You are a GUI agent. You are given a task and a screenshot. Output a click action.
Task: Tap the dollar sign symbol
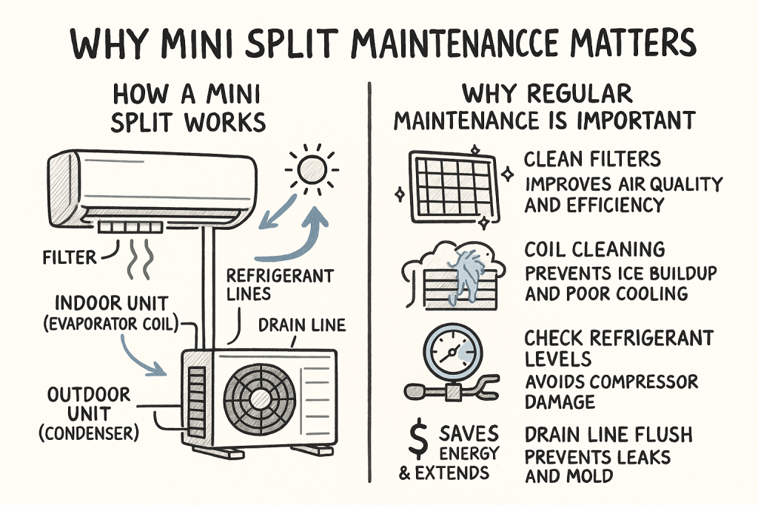(417, 439)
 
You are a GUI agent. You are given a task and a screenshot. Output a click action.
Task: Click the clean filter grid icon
(453, 187)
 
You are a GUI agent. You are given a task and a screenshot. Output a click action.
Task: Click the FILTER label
(70, 258)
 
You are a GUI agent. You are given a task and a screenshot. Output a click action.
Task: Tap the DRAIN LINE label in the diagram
(302, 325)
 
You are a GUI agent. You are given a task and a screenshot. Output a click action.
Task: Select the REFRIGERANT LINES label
(279, 285)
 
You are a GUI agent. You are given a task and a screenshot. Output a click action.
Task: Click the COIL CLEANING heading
(594, 250)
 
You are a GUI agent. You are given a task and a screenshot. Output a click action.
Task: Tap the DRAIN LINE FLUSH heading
(608, 435)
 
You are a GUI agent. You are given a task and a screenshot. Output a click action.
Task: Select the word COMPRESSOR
(644, 382)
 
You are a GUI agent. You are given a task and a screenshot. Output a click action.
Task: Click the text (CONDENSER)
(89, 433)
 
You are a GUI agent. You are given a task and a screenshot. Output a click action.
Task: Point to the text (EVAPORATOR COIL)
(111, 323)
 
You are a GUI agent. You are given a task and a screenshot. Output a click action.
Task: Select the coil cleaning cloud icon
(452, 275)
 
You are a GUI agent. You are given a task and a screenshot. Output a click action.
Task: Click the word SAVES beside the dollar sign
(469, 433)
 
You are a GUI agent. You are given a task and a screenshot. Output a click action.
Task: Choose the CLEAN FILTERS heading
(592, 159)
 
